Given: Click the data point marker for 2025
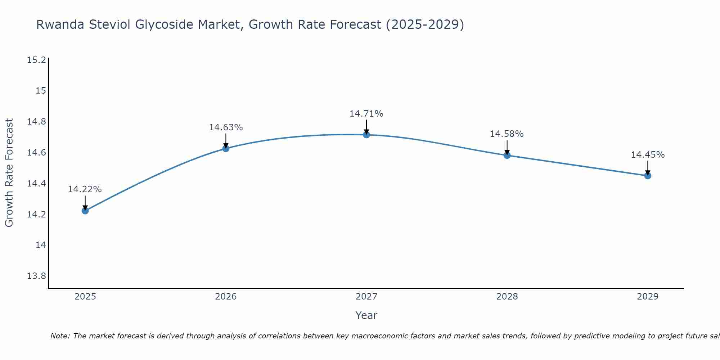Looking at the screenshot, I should (85, 211).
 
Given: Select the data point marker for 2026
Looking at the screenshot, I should (226, 148).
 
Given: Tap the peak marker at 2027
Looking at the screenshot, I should (366, 135).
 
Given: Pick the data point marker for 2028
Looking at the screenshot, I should (507, 155).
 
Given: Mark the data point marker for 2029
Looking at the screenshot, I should (648, 176).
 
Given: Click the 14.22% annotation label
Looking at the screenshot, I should (85, 189).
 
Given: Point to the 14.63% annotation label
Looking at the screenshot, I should (226, 127).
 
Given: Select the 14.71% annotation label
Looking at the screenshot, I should (366, 114).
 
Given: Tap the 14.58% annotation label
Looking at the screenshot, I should (507, 134).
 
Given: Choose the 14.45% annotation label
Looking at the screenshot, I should (648, 155).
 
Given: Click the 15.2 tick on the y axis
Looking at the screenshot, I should (36, 60).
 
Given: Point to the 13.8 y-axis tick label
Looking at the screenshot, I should (36, 276).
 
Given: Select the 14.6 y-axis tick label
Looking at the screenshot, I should (36, 153).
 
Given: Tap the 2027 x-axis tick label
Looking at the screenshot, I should (366, 297).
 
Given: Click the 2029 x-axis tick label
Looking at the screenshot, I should (648, 297).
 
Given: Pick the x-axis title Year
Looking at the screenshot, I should (366, 315).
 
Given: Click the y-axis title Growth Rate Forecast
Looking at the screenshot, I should (9, 172).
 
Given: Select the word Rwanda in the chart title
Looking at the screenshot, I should (60, 25).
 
